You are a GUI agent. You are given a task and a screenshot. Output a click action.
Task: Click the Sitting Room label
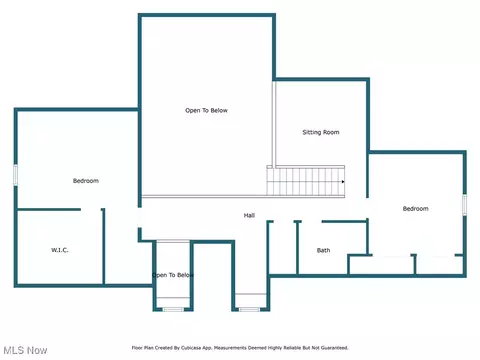coord(321,132)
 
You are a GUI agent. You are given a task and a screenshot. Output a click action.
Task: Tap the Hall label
coord(249,215)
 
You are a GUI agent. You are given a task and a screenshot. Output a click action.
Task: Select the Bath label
coord(323,250)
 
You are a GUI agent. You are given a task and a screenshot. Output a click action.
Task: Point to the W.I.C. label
coord(60,250)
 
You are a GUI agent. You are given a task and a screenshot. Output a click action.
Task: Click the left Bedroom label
coord(86,181)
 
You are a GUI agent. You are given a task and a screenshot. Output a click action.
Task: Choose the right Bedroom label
coord(415,209)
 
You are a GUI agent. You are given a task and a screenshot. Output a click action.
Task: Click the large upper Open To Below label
coord(206,110)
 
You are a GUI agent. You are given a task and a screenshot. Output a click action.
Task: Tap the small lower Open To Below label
coord(173,275)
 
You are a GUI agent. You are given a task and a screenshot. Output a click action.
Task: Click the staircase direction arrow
coord(343,182)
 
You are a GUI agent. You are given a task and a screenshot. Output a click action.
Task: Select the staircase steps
coord(305,180)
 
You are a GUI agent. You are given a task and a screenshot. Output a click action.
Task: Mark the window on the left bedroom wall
coord(15,175)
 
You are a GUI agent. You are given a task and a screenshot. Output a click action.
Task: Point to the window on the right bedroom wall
coord(464,205)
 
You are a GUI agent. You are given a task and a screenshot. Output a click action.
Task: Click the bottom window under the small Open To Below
coord(173,310)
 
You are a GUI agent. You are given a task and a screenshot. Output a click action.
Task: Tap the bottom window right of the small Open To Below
coord(250,310)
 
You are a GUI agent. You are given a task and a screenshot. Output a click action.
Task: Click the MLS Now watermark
coord(25,350)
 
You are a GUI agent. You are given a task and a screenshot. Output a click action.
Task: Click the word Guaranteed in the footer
coord(334,348)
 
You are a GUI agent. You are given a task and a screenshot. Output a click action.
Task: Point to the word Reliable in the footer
coord(292,348)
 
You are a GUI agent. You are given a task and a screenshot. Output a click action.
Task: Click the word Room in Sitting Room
coord(331,132)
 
